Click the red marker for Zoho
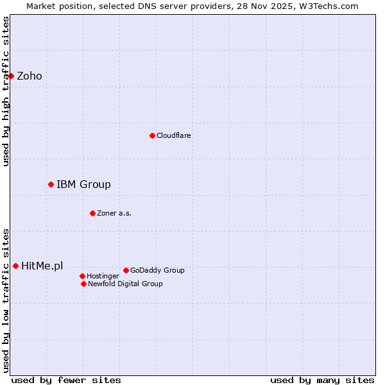click(11, 76)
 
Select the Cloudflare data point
click(152, 135)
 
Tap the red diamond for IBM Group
click(51, 184)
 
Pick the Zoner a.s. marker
click(92, 213)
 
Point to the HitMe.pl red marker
click(15, 266)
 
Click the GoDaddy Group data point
click(126, 270)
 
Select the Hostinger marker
click(82, 276)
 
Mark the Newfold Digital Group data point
click(83, 284)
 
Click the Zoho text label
click(30, 76)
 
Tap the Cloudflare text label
click(174, 135)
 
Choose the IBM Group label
click(83, 185)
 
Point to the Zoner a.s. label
click(114, 213)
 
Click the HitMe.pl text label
click(42, 266)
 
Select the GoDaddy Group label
click(157, 270)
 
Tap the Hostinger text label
click(103, 276)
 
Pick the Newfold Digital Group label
click(125, 284)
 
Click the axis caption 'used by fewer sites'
click(66, 380)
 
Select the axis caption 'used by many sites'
click(322, 380)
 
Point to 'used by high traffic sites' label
click(6, 91)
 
